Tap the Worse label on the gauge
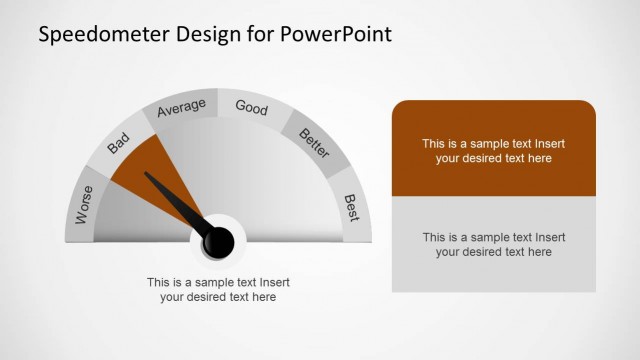(84, 204)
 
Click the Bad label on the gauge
(119, 147)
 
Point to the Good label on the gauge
(251, 107)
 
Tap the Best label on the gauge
(351, 207)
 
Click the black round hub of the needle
(218, 240)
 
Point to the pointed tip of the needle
(147, 175)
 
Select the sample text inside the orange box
(493, 150)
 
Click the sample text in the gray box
(493, 244)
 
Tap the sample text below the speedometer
(218, 289)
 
